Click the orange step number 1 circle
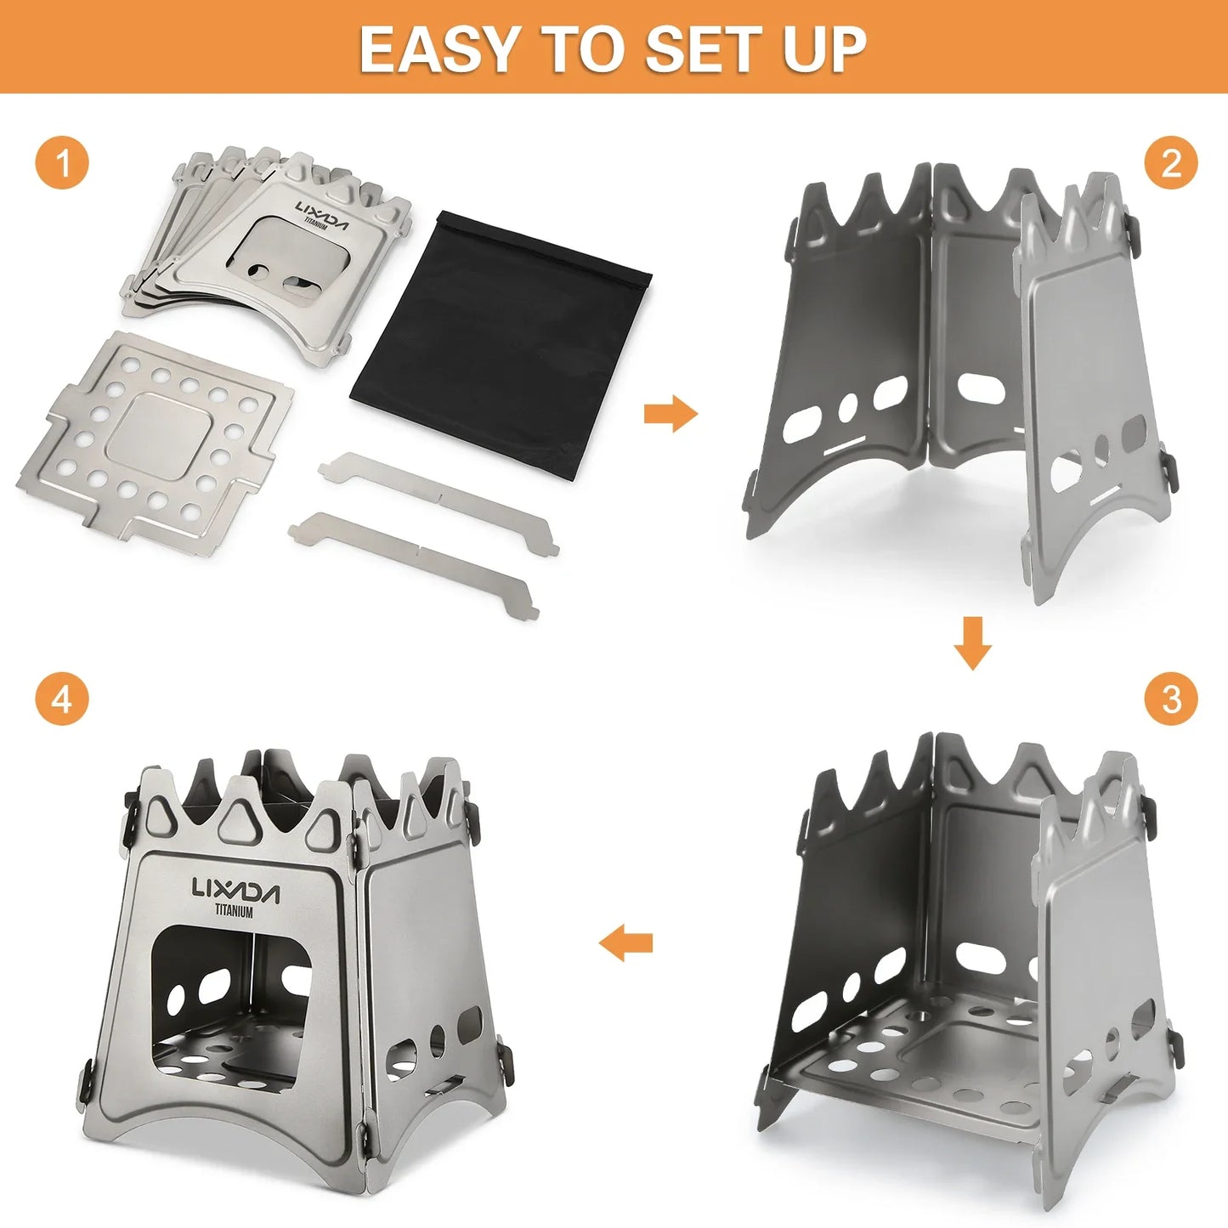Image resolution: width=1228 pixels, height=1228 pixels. point(62,161)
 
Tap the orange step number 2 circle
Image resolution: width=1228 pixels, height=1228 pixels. point(1171,162)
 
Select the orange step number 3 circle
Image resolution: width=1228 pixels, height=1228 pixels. point(1171,699)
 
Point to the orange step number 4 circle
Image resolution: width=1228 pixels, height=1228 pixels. point(62,699)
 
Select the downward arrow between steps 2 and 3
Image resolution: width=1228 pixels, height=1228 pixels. point(972,643)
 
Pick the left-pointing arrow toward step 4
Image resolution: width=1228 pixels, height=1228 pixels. point(626,942)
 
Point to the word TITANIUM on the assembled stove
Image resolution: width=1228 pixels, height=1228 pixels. point(234,912)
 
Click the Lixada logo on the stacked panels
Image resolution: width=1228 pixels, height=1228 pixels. point(322,215)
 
